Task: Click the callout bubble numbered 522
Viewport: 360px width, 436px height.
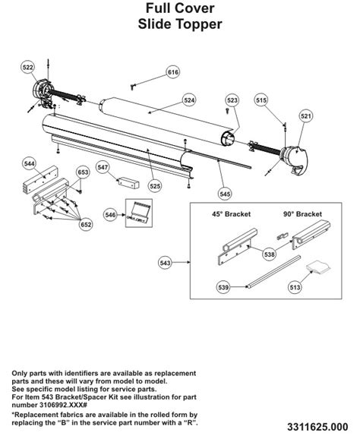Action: pyautogui.click(x=28, y=68)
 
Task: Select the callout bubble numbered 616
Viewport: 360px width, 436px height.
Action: pyautogui.click(x=173, y=72)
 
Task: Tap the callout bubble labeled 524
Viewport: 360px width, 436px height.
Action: pyautogui.click(x=189, y=100)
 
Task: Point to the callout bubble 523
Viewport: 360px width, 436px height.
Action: pyautogui.click(x=232, y=100)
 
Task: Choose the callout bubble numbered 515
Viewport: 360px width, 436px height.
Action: pyautogui.click(x=261, y=100)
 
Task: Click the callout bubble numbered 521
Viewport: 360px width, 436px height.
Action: pyautogui.click(x=306, y=116)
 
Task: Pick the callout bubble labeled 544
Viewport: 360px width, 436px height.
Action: pyautogui.click(x=30, y=163)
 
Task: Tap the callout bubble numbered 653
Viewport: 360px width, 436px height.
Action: pyautogui.click(x=84, y=173)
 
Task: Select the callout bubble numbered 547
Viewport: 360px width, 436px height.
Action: pyautogui.click(x=103, y=167)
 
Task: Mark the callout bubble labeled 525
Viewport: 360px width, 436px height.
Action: pyautogui.click(x=155, y=185)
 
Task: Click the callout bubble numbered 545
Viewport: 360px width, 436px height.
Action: pyautogui.click(x=225, y=193)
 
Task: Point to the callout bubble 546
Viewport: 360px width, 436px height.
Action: pyautogui.click(x=111, y=216)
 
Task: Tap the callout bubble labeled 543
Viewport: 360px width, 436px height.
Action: pyautogui.click(x=166, y=263)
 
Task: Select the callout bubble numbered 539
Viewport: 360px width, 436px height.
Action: pyautogui.click(x=223, y=287)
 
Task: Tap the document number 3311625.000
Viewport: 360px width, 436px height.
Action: pyautogui.click(x=320, y=423)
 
